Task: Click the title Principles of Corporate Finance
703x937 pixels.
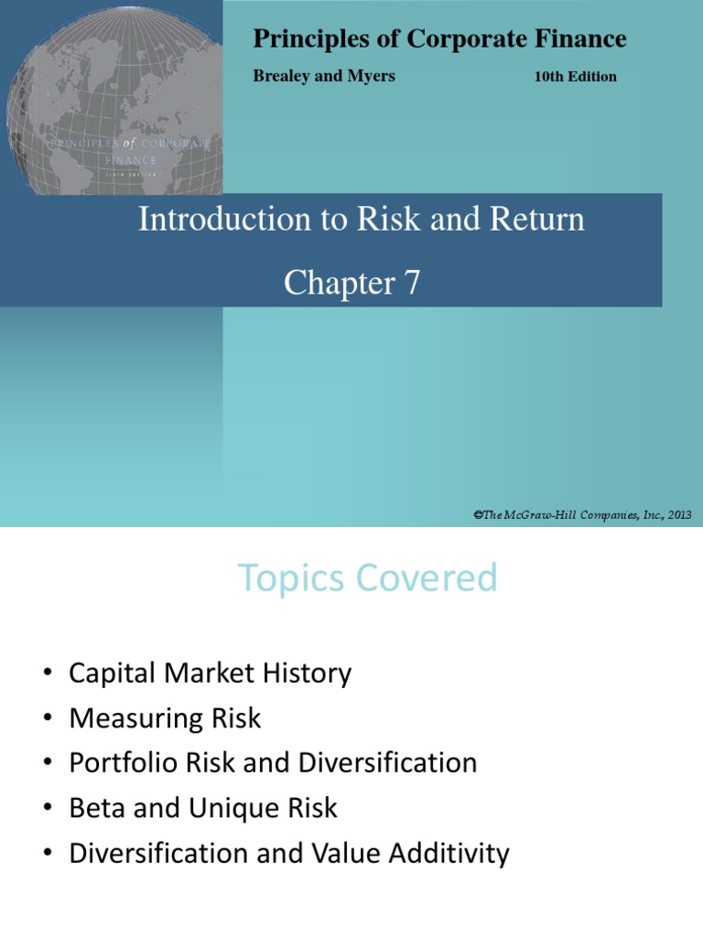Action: [439, 38]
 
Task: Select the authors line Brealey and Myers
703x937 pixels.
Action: [323, 76]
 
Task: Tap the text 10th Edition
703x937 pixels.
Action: [575, 77]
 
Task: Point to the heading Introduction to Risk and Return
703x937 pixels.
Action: [361, 220]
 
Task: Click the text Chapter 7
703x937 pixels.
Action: [351, 283]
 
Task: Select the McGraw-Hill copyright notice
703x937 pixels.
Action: [582, 515]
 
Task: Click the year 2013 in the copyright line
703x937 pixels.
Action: [677, 515]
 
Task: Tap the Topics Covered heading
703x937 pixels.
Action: [368, 578]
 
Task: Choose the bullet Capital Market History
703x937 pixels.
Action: [210, 674]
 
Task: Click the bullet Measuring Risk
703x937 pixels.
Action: [165, 718]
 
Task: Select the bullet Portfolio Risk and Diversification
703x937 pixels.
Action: [273, 763]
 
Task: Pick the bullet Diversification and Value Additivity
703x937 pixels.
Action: [289, 853]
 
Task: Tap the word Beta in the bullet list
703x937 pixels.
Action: [94, 808]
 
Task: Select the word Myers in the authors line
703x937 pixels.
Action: [371, 76]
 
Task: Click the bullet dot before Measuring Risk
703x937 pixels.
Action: [48, 719]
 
